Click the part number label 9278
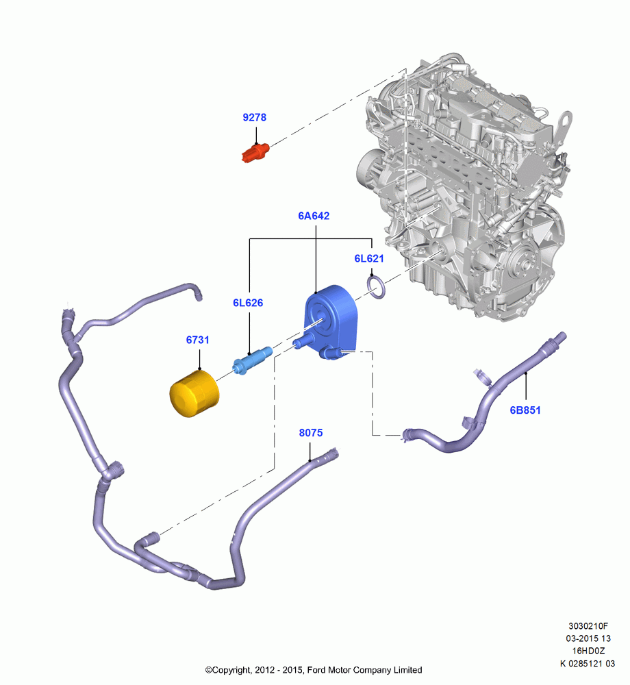254,118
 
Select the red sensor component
255,152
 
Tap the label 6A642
314,216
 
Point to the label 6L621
369,259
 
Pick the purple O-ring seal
377,288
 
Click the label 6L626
248,303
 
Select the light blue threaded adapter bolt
253,360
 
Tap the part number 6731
197,340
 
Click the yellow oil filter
194,394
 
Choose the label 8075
311,433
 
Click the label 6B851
525,410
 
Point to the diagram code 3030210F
588,626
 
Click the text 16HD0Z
588,651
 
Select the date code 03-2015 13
588,638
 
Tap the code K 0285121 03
588,664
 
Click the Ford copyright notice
314,670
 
